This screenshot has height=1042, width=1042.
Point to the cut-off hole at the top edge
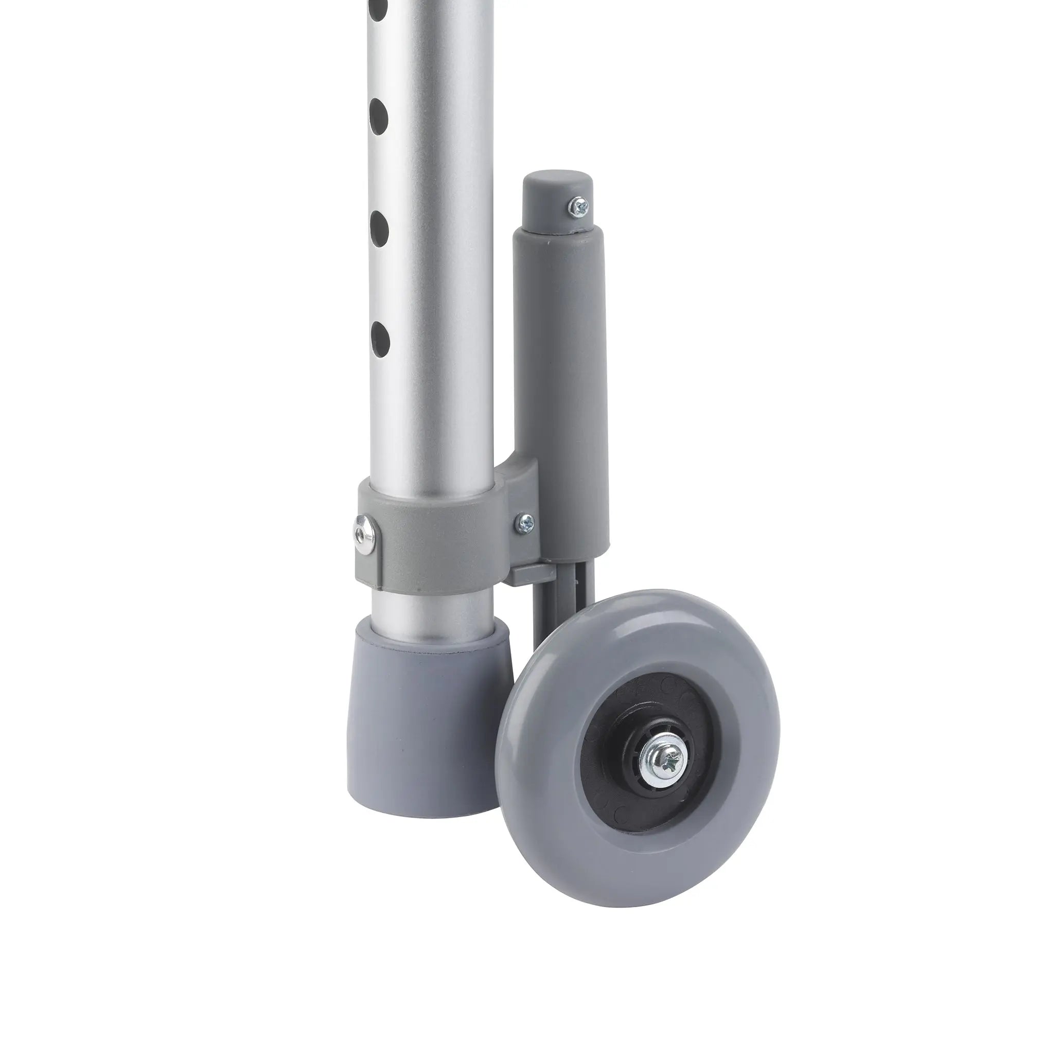pos(380,7)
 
